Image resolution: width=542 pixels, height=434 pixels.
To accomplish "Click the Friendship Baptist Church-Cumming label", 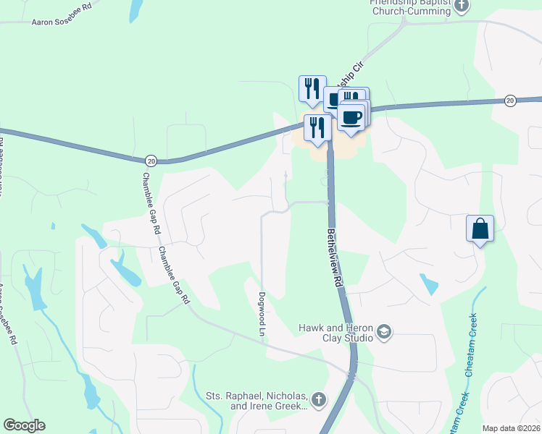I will [x=410, y=8].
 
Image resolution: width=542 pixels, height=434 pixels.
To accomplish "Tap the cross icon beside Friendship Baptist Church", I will [x=462, y=6].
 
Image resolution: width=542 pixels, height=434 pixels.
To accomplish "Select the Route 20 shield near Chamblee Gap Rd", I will [x=151, y=160].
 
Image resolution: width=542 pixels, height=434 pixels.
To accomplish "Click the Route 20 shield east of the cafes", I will [x=510, y=101].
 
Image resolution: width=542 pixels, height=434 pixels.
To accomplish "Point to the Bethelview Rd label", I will [x=334, y=259].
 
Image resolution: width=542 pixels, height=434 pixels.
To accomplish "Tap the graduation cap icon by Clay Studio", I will [x=384, y=333].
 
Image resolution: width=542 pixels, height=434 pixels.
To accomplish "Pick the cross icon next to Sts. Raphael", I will [x=318, y=399].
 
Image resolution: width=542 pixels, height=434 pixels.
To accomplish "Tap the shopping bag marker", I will [x=480, y=229].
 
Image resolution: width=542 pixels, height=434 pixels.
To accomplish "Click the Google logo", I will [x=24, y=425].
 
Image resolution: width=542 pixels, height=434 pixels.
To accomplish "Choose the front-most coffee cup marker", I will [x=351, y=118].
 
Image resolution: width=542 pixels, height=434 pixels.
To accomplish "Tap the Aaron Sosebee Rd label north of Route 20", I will [x=62, y=23].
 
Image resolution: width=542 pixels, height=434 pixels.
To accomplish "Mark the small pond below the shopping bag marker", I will [x=428, y=284].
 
